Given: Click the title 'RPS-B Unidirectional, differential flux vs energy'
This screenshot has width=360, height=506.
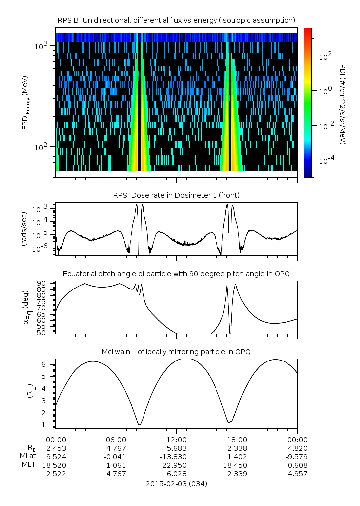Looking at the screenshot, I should click(176, 20).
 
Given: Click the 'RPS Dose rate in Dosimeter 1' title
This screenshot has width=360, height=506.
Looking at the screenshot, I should click(176, 195).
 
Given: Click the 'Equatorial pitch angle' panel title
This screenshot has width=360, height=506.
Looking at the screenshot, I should click(176, 274).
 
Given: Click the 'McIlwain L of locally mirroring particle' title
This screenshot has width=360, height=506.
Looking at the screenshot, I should click(176, 352).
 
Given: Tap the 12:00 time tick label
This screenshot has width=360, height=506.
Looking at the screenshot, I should click(176, 440).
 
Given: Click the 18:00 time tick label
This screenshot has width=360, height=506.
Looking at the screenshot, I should click(237, 440).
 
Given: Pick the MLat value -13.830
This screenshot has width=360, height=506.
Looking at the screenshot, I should click(176, 457).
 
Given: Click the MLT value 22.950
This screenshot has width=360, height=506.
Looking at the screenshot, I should click(176, 465).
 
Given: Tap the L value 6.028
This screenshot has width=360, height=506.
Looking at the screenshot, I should click(176, 474).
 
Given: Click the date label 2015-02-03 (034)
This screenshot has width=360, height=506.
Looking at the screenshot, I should click(176, 483).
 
